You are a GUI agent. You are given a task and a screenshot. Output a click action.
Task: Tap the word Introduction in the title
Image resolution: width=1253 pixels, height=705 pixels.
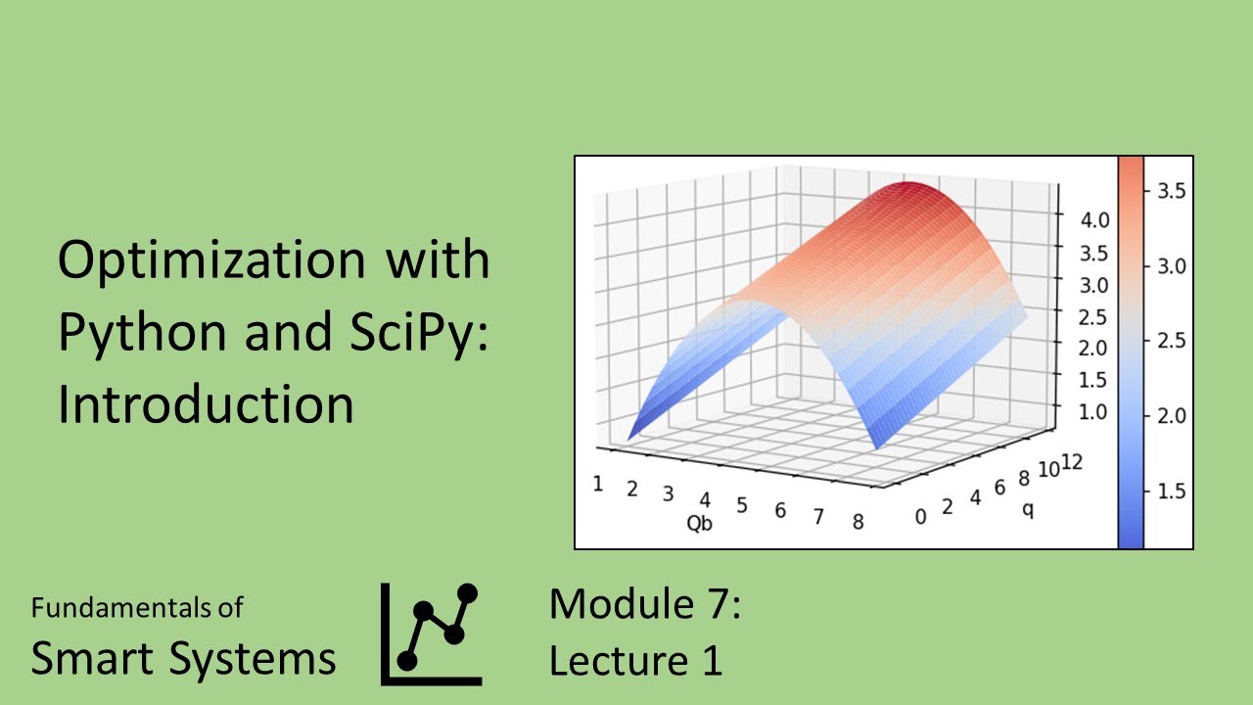[206, 402]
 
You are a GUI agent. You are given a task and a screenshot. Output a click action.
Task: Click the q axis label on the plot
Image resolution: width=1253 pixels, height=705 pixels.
[1028, 509]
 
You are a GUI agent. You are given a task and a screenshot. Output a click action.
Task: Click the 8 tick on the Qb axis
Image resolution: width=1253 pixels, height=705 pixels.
[858, 521]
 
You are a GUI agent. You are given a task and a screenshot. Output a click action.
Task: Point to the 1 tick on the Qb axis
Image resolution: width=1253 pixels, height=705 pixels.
[596, 483]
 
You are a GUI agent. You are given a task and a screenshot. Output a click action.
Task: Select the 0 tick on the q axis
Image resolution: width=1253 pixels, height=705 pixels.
[919, 516]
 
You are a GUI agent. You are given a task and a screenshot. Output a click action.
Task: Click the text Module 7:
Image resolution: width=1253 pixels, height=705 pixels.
[644, 603]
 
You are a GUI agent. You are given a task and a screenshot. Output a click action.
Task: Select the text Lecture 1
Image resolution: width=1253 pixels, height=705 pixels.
[635, 661]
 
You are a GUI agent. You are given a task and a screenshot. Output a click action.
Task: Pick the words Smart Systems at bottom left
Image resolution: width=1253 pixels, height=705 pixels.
[183, 658]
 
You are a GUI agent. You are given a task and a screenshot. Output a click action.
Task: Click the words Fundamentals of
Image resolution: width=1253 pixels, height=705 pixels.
[137, 607]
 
